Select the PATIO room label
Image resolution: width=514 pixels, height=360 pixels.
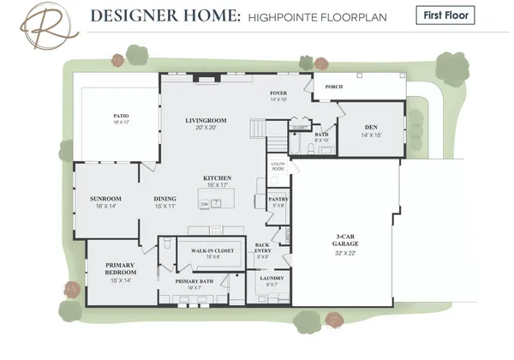(122, 115)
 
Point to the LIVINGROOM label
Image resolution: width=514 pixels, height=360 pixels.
(206, 121)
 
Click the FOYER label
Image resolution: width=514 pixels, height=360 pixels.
(278, 92)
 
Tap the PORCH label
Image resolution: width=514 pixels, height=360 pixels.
(333, 87)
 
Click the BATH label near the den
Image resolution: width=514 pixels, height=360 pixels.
(322, 135)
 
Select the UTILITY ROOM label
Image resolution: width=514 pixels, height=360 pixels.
(278, 166)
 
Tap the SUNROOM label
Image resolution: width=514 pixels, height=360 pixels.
(106, 199)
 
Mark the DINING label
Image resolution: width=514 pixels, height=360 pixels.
(165, 199)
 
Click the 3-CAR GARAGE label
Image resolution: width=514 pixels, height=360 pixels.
(347, 241)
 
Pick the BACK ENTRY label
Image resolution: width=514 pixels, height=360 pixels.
(263, 248)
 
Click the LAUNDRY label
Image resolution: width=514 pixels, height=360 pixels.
(271, 278)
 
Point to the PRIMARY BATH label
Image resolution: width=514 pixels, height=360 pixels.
(194, 281)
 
